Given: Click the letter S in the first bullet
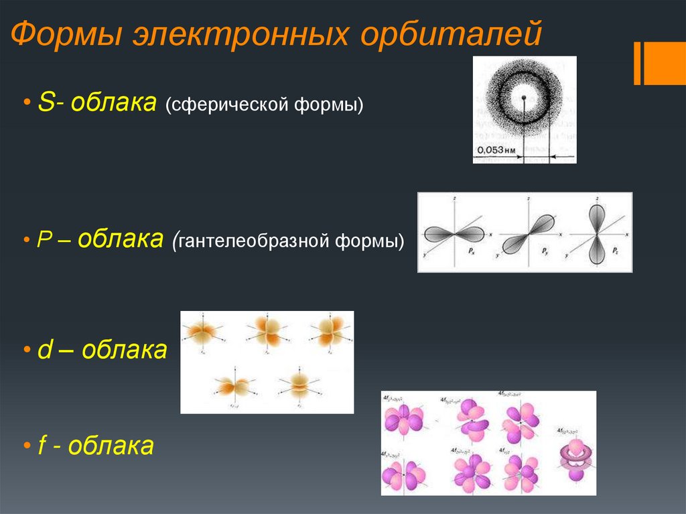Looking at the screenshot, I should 46,104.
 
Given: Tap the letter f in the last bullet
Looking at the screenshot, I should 42,445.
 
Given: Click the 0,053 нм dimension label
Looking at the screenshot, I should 496,150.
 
